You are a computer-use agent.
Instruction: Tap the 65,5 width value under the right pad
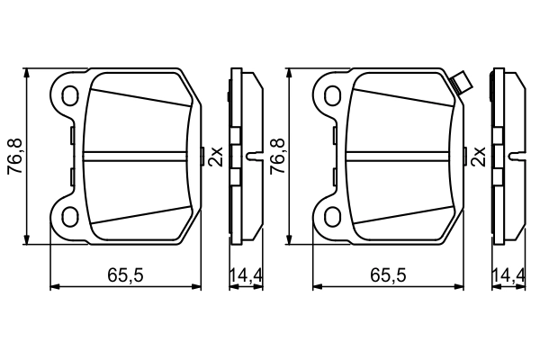coord(390,275)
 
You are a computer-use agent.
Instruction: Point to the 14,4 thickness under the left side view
coord(245,275)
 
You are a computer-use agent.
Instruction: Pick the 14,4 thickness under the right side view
coord(508,275)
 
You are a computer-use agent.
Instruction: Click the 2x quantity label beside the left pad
coord(215,157)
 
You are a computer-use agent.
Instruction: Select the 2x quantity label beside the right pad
coord(479,157)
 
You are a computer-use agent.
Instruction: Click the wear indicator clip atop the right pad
coord(461,84)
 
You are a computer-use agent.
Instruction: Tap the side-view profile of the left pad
coord(243,155)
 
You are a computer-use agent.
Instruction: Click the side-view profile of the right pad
coord(507,155)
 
